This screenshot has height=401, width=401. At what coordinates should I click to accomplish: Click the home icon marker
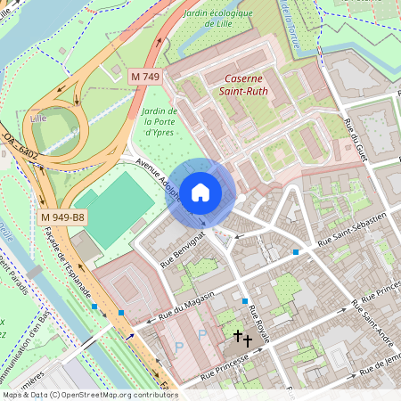click(x=200, y=192)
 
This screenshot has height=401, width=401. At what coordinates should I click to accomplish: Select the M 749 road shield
click(x=145, y=78)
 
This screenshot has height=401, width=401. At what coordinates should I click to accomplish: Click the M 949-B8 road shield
click(x=62, y=217)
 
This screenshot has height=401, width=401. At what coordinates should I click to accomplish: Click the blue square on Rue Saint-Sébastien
click(x=296, y=252)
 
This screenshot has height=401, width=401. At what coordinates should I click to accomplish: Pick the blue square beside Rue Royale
click(x=244, y=302)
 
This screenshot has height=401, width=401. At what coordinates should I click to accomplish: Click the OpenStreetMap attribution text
click(x=89, y=394)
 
